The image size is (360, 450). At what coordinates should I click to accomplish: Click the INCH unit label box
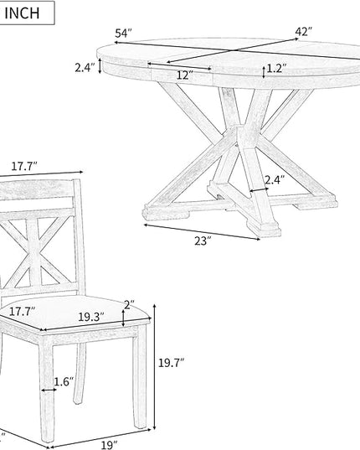(x=27, y=13)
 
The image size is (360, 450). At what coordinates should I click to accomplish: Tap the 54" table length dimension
(x=123, y=34)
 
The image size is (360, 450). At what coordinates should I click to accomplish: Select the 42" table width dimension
(x=304, y=31)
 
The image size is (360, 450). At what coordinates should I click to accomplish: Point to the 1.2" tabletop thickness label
(x=276, y=69)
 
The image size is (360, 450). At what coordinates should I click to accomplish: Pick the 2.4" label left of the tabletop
(x=85, y=68)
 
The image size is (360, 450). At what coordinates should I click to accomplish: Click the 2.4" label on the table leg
(x=275, y=180)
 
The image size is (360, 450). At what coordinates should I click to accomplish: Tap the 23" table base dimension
(x=203, y=241)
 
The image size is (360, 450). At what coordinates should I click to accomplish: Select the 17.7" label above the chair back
(x=24, y=166)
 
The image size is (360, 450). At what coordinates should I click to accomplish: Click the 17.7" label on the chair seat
(x=22, y=312)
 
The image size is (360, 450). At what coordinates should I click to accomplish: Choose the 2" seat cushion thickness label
(x=129, y=304)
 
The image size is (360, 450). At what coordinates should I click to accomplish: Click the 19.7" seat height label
(x=171, y=363)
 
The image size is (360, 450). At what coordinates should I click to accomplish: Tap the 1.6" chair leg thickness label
(x=64, y=381)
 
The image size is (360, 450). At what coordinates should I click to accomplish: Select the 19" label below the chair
(x=109, y=445)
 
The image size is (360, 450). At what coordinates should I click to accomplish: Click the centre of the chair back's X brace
(x=34, y=253)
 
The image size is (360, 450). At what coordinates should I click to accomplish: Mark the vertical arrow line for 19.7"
(x=155, y=367)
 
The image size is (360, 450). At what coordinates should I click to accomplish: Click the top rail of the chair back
(x=38, y=189)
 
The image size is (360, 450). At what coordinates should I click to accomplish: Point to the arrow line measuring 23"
(x=202, y=231)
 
